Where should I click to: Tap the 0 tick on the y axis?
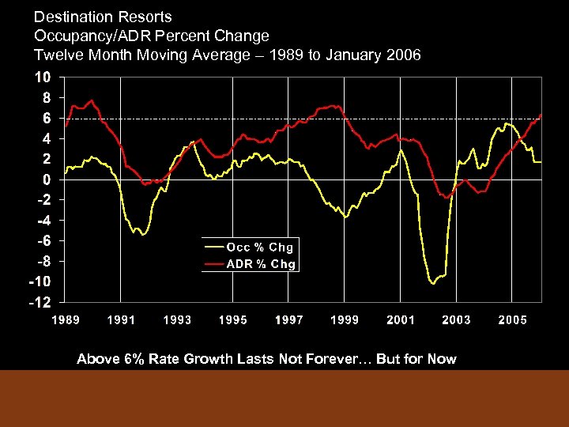click(47, 179)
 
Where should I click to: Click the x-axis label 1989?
click(66, 319)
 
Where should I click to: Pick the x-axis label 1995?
click(233, 319)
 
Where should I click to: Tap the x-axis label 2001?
click(400, 319)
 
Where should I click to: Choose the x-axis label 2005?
click(512, 319)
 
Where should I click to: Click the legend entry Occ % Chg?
click(261, 248)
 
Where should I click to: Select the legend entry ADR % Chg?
click(261, 264)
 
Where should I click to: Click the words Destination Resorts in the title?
click(103, 17)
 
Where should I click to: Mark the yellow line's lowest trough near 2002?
click(432, 282)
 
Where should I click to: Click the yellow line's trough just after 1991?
click(143, 234)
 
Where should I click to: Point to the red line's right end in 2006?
click(541, 115)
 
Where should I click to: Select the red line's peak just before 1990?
click(92, 100)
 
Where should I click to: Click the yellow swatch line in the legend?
click(213, 248)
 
